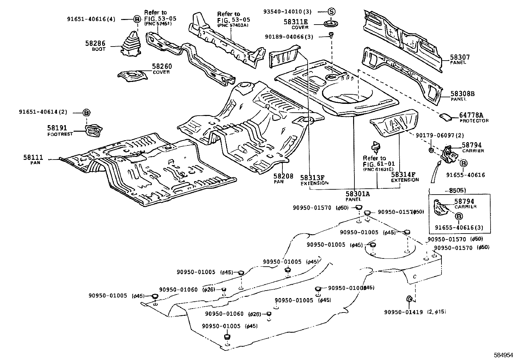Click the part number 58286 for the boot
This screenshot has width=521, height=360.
(x=96, y=44)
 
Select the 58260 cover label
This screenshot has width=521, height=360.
(x=162, y=66)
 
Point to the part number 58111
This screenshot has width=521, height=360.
(x=33, y=158)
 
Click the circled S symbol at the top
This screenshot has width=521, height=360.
(x=332, y=12)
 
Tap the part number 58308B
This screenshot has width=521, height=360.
(x=462, y=93)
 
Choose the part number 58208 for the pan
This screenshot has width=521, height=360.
(x=283, y=176)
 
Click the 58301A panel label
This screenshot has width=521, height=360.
(x=357, y=194)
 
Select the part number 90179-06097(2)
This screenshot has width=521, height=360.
(x=440, y=135)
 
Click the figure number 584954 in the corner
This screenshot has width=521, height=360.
(x=503, y=355)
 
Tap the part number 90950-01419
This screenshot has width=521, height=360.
(x=404, y=312)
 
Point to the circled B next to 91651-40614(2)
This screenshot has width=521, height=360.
(x=86, y=112)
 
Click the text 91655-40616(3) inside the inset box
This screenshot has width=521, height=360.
(x=459, y=227)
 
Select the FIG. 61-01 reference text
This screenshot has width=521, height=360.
(x=379, y=163)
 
